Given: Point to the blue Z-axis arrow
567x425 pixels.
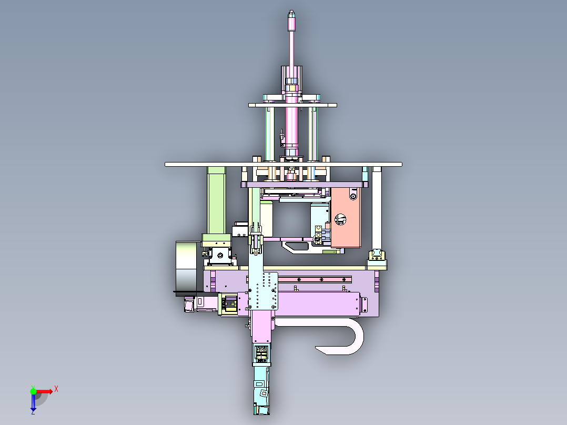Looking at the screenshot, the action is pyautogui.click(x=33, y=402).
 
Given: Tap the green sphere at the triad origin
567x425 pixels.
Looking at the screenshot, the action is pyautogui.click(x=33, y=391).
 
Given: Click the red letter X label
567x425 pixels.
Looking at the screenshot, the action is pyautogui.click(x=56, y=389).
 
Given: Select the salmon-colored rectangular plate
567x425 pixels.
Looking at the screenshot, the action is pyautogui.click(x=346, y=218).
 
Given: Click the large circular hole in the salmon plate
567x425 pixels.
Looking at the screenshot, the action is pyautogui.click(x=340, y=219).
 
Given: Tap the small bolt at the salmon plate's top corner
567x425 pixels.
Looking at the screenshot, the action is pyautogui.click(x=352, y=196).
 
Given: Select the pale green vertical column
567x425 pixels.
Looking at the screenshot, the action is pyautogui.click(x=217, y=200).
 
